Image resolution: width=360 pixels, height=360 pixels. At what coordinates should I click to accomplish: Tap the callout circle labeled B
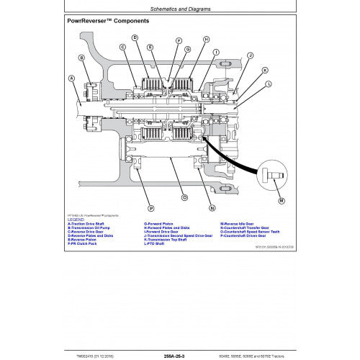[x=81, y=57]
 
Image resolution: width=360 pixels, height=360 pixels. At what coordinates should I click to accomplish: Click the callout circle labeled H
[x=206, y=40]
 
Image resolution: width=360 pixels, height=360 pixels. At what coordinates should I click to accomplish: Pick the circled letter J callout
[x=250, y=55]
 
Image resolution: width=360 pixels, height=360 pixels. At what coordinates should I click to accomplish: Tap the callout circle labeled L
[x=269, y=84]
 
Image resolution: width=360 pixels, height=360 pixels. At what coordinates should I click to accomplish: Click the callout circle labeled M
[x=282, y=199]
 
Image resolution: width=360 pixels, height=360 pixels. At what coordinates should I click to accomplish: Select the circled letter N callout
[x=212, y=208]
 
